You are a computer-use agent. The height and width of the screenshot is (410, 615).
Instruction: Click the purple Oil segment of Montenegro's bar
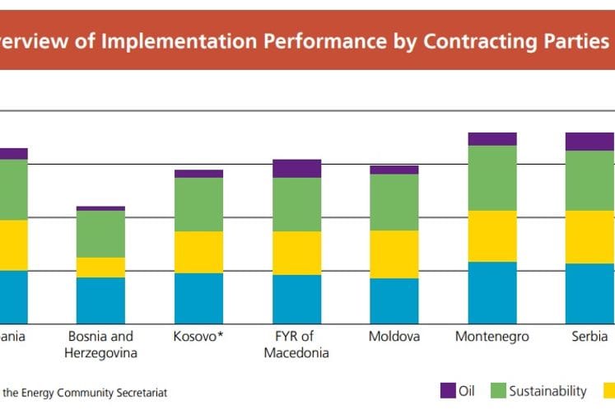[492, 138]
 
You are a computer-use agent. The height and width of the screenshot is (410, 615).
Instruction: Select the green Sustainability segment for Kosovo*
[198, 204]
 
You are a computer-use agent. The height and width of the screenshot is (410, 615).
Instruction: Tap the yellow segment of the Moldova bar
[394, 254]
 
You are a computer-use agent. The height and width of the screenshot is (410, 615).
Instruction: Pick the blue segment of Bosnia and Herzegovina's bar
[100, 300]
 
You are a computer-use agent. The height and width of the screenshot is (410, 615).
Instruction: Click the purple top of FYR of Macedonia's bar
[296, 169]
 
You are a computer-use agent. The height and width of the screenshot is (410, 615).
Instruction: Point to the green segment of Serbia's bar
[589, 180]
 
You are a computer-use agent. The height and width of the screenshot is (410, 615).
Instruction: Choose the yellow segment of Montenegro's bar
[492, 236]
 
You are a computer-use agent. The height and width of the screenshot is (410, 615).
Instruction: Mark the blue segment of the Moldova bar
[394, 301]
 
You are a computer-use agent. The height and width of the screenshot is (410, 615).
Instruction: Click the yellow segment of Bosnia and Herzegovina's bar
[100, 268]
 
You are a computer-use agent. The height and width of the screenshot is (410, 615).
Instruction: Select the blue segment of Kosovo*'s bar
[198, 297]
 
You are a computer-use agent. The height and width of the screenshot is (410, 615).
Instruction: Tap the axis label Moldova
[394, 337]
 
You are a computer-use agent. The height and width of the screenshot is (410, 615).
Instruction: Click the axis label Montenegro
[492, 337]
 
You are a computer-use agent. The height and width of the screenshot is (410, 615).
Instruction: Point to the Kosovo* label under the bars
[198, 337]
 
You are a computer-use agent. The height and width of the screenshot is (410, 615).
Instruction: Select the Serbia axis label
[589, 337]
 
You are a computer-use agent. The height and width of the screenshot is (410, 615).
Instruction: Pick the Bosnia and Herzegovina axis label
[100, 344]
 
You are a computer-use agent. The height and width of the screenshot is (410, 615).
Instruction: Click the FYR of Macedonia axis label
[296, 344]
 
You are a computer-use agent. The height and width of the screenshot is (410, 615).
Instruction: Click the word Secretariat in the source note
[140, 393]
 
